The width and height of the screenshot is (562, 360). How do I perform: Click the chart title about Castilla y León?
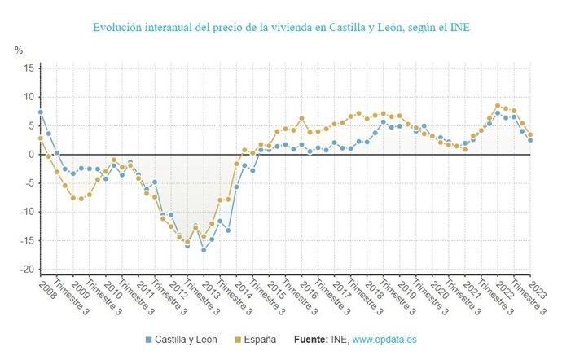[281, 28]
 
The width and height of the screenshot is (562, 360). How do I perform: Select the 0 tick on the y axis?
[29, 155]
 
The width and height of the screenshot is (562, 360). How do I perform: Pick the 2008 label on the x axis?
[46, 289]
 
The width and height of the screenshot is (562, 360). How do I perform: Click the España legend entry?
[255, 339]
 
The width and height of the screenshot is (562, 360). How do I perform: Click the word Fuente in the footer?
[312, 339]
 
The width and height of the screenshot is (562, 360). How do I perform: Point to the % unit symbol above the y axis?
[19, 50]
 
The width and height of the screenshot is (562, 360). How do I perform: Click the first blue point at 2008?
[41, 112]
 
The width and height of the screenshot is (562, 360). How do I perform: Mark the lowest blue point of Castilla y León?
[204, 249]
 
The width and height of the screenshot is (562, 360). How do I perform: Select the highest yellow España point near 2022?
[498, 106]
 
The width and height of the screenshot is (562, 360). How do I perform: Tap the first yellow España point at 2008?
[41, 138]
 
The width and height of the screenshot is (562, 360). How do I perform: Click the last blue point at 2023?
[530, 140]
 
